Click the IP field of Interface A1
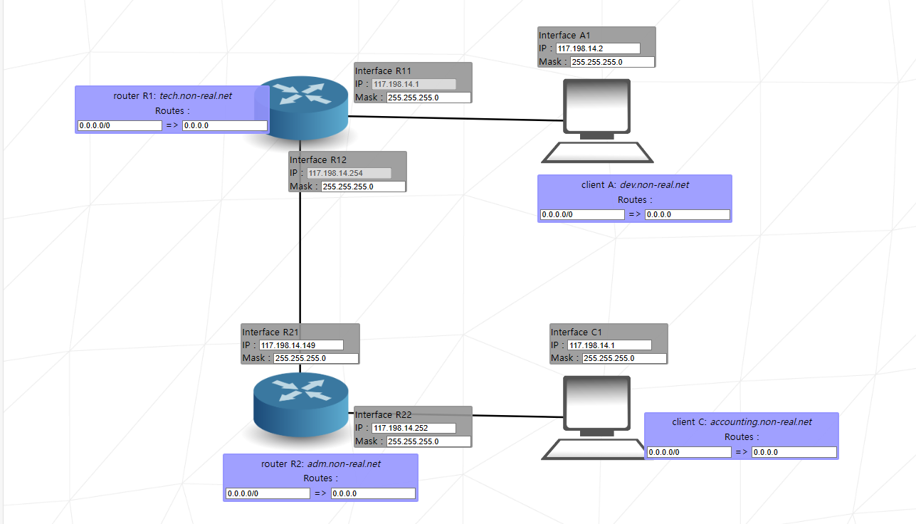pos(598,48)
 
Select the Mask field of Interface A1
pos(612,62)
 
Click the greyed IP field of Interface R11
pos(414,84)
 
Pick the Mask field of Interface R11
pos(428,98)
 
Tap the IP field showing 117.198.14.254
pos(349,173)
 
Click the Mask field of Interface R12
pos(363,187)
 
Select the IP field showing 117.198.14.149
pos(301,345)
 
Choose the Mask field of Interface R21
pos(316,358)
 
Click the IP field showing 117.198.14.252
pos(414,428)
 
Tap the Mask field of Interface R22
pos(428,441)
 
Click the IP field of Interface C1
pos(610,345)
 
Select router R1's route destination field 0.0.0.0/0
pos(120,125)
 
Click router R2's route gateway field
pos(373,493)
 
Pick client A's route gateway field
pos(688,214)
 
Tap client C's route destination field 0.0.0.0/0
pos(690,452)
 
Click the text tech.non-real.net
pos(196,95)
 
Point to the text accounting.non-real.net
pos(761,421)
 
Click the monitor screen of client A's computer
pos(596,106)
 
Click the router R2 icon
pos(301,404)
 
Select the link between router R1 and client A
pos(456,118)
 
